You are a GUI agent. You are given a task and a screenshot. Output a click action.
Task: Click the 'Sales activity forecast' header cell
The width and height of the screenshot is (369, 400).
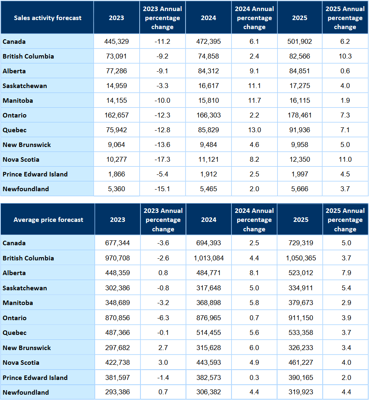point(48,18)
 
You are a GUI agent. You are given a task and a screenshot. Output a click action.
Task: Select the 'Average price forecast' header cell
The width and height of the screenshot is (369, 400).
point(48,219)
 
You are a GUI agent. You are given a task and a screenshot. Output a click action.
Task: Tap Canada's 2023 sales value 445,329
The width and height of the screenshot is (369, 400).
point(117,41)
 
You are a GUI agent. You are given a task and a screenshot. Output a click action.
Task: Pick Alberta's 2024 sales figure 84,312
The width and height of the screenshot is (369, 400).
point(208,71)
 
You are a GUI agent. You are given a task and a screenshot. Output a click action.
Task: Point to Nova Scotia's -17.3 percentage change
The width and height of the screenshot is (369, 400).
point(163,159)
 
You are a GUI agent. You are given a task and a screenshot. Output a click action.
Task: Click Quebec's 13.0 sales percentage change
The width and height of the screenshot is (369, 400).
point(254,130)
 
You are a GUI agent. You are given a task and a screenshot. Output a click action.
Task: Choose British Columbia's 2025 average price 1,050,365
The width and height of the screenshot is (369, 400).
point(301,258)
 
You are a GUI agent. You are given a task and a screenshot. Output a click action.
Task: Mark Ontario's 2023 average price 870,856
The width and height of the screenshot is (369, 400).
point(118,318)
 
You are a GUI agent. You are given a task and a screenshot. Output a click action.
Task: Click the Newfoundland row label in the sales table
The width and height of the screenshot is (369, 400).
point(26,189)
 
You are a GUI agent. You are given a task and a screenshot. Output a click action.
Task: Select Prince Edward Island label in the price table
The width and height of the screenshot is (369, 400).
point(35,377)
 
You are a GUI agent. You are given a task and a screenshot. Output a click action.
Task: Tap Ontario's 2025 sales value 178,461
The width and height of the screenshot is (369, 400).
point(300,115)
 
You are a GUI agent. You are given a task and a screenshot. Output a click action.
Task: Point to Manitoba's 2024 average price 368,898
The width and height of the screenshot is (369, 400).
point(209,303)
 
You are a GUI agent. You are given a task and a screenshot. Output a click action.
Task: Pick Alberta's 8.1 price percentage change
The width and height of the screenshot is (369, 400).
point(254,273)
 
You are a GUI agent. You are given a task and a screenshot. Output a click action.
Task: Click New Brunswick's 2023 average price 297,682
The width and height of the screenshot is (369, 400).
point(118,348)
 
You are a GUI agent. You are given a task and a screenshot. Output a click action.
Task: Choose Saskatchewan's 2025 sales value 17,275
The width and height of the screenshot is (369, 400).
point(300,86)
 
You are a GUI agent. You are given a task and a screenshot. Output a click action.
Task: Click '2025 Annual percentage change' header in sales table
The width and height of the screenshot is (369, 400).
point(345,18)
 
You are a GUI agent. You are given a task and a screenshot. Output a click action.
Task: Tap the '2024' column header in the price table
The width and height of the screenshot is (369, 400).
point(209,219)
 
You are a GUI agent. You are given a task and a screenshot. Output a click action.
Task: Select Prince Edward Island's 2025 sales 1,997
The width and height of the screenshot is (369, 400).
point(300,174)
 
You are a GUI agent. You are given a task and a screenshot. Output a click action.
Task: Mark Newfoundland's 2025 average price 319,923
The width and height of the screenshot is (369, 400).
point(301,392)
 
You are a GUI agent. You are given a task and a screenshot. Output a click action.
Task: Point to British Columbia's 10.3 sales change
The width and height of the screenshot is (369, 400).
point(345,56)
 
